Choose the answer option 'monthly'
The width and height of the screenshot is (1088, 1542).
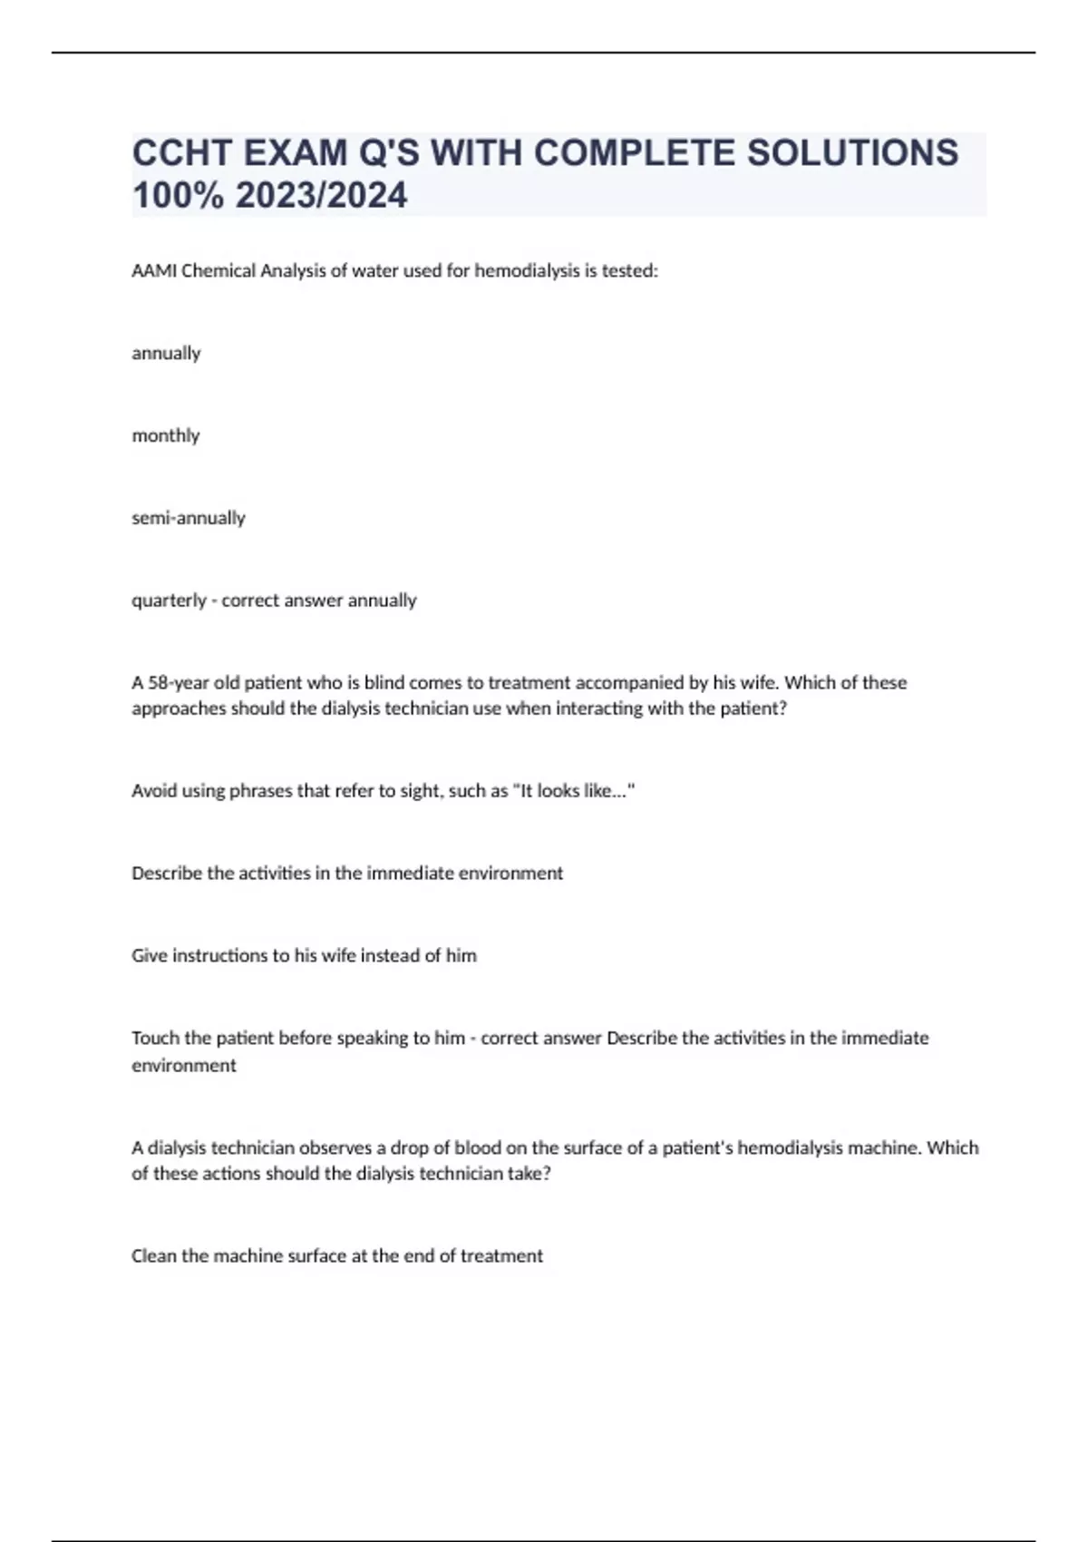(166, 435)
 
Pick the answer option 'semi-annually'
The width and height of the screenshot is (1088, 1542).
(189, 518)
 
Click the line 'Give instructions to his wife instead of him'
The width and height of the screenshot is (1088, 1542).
(304, 955)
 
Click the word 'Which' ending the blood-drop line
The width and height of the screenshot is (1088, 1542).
(953, 1147)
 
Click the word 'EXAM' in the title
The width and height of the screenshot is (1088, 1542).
(296, 152)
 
